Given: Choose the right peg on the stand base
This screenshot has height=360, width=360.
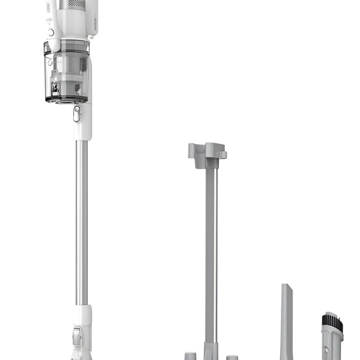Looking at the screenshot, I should (230, 356).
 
